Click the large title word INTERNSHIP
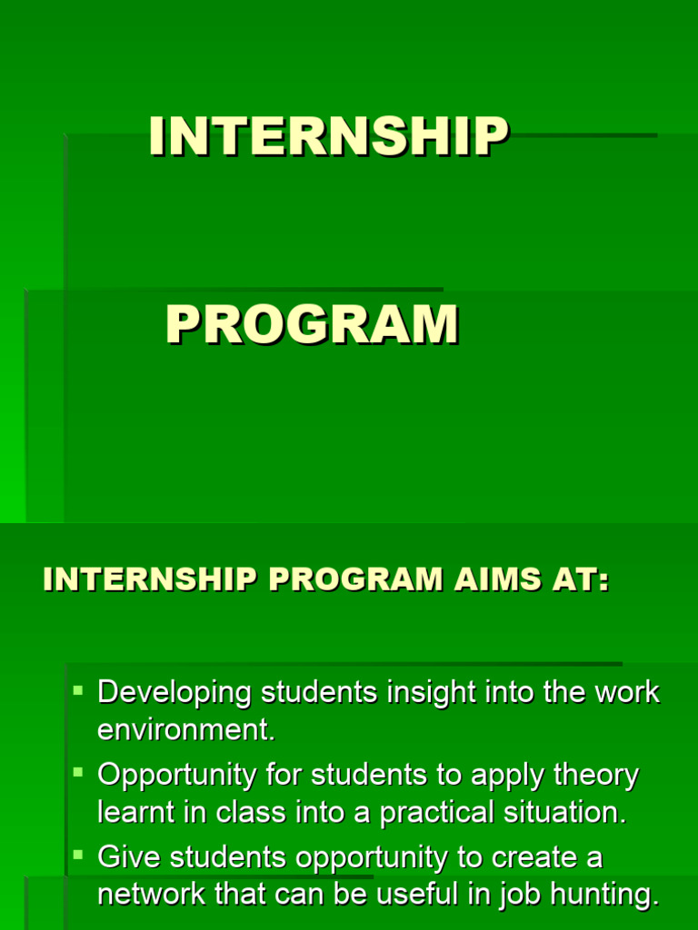pos(329,138)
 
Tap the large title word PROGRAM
pos(312,325)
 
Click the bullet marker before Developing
pos(78,691)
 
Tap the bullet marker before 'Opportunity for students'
pos(78,773)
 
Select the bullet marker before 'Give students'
pos(78,855)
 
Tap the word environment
pos(185,730)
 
